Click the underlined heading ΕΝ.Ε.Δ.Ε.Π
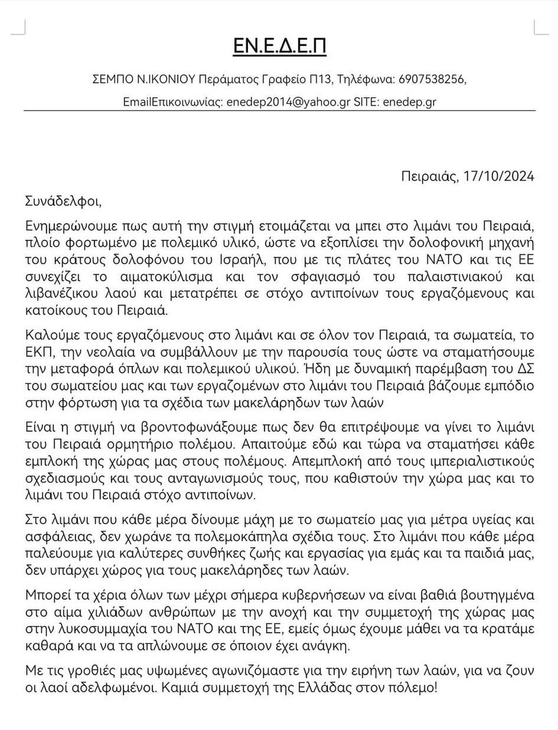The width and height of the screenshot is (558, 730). point(279,46)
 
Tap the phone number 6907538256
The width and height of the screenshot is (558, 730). point(432,79)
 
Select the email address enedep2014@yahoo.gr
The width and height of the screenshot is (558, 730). point(288,102)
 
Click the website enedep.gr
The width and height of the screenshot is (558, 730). point(409,102)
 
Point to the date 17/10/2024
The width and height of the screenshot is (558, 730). point(499,176)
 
